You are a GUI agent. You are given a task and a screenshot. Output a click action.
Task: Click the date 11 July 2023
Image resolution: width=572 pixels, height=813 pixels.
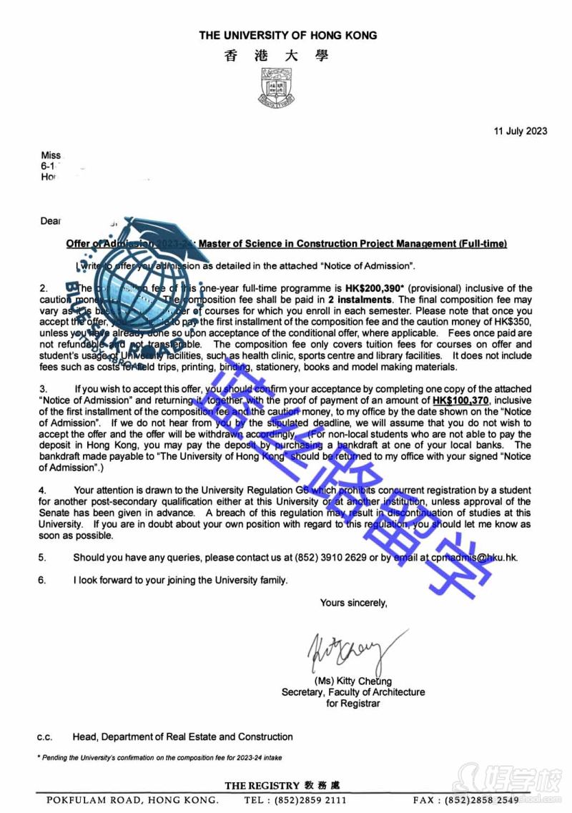[x=521, y=130]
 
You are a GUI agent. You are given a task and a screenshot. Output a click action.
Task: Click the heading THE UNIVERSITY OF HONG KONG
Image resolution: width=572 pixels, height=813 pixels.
[x=287, y=35]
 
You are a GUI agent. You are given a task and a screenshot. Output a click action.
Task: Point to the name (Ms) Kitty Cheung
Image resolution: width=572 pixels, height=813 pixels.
[x=353, y=681]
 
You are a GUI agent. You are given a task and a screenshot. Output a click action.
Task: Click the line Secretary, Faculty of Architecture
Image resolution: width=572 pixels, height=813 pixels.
[x=353, y=692]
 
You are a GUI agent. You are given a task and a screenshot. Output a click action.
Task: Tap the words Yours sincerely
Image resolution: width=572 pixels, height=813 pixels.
[x=353, y=603]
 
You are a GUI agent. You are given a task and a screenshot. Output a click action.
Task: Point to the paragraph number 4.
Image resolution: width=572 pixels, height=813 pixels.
[x=42, y=491]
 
